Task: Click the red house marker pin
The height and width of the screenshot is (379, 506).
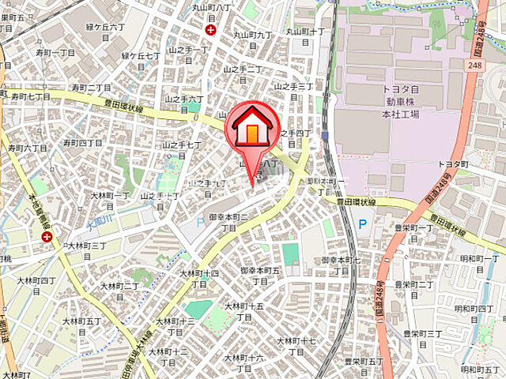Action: (x=249, y=129)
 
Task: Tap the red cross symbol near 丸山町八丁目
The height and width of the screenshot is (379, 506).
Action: (x=210, y=30)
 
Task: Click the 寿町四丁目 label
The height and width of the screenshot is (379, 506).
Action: (x=82, y=143)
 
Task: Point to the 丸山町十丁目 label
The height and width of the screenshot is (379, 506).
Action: (x=305, y=32)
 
